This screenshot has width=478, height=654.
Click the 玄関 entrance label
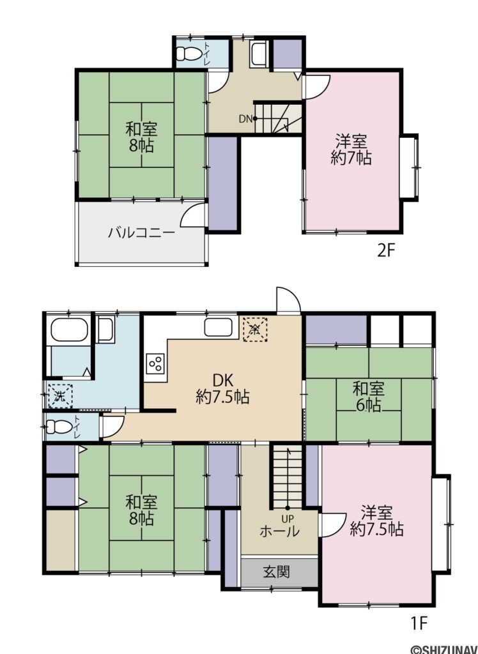(276, 571)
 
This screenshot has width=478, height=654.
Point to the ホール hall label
(279, 531)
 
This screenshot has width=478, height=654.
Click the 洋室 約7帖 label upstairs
(351, 149)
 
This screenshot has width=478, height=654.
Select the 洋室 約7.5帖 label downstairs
(376, 521)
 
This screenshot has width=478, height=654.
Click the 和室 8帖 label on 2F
(141, 137)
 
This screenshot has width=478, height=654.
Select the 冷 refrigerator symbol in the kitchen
(254, 330)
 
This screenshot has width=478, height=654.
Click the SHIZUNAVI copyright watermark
(443, 648)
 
